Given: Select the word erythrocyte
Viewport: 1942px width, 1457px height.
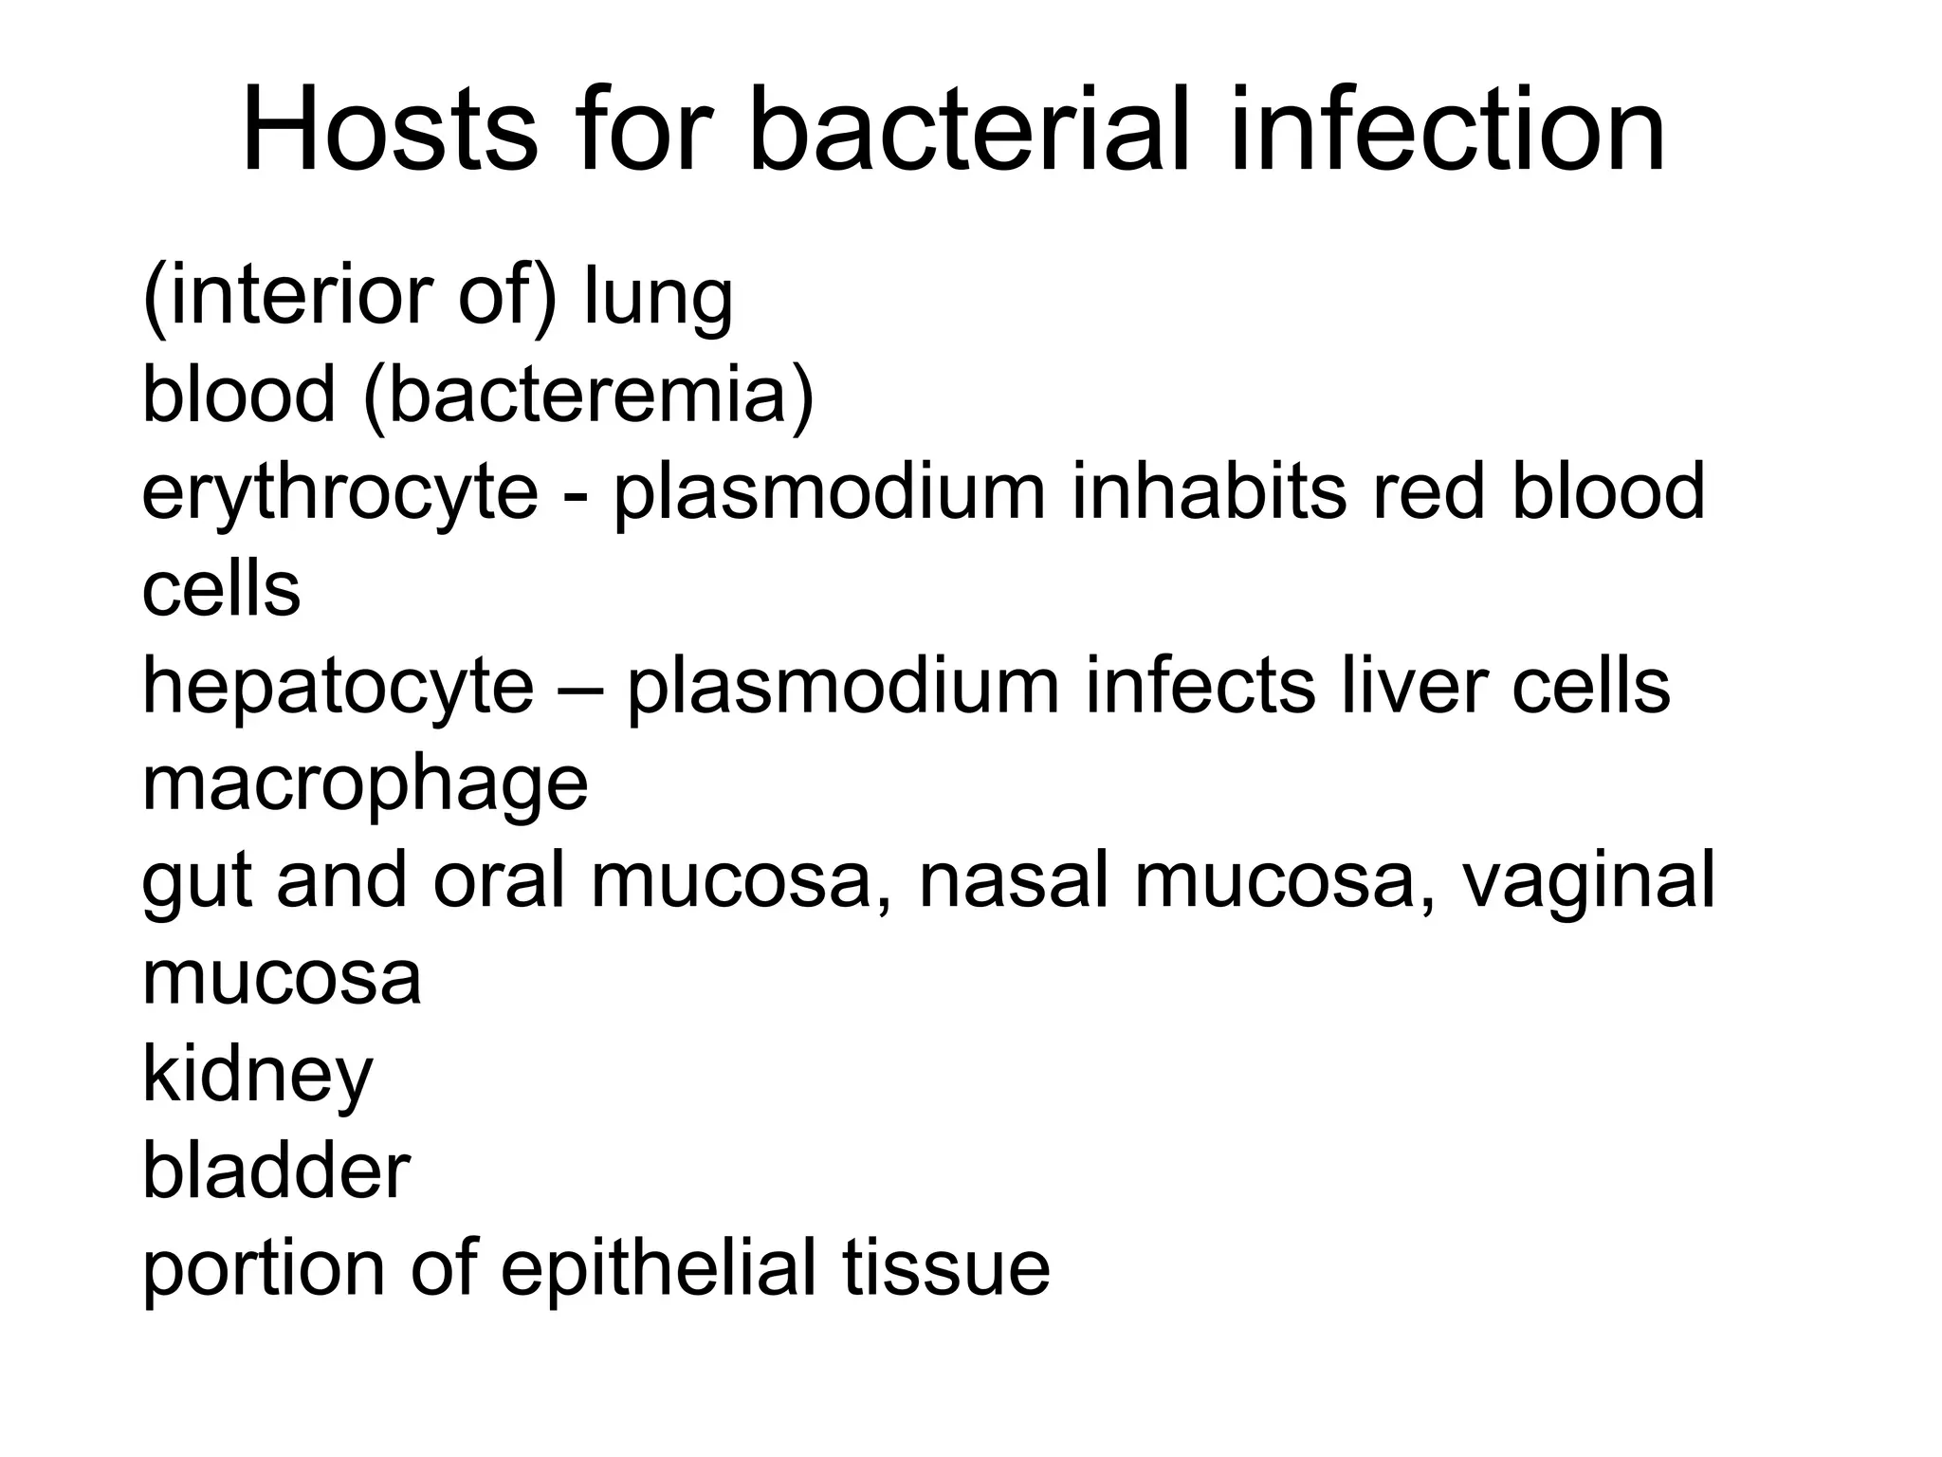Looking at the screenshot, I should (339, 493).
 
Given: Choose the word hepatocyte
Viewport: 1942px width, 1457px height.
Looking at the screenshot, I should (338, 688).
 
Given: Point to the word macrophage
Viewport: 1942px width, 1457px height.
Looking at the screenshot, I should (365, 785).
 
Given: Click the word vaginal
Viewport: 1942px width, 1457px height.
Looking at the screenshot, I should (1588, 882).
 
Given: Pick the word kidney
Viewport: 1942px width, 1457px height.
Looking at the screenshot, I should (257, 1077).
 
